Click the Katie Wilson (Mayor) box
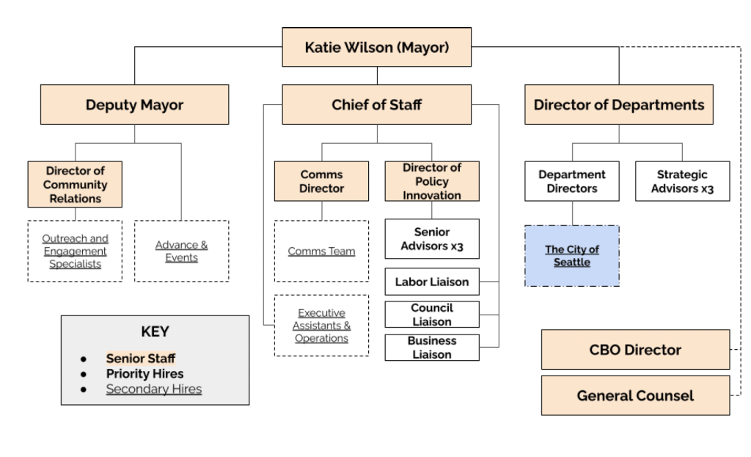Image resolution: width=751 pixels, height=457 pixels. pos(377,48)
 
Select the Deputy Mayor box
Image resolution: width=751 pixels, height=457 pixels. pos(134,104)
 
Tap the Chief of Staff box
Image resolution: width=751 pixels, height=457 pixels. pos(377,104)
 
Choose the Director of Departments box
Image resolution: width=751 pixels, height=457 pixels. pos(618,104)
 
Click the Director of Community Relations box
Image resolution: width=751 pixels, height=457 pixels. pos(75,184)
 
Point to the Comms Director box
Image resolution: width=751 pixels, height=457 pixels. pos(321,181)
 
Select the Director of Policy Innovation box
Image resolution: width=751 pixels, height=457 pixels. pos(432,181)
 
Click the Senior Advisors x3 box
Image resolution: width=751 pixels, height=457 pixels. pos(432,238)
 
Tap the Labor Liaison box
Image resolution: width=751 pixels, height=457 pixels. pos(432,282)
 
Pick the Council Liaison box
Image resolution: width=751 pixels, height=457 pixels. pos(432,314)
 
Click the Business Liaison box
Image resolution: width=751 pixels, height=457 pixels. pos(432,347)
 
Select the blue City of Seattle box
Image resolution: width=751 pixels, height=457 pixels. pos(572,256)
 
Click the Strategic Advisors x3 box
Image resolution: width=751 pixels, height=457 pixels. pos(682,181)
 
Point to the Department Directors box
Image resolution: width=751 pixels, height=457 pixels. pos(572,181)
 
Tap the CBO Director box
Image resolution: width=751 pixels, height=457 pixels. pos(635,349)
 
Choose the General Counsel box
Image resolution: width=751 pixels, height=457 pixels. pos(635,395)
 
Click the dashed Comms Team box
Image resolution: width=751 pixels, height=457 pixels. pos(321,251)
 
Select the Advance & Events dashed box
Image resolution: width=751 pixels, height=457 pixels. pos(181,251)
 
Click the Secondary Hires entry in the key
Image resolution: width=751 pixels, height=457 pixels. pos(153,389)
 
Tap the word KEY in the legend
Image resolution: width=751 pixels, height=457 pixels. pos(155,332)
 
